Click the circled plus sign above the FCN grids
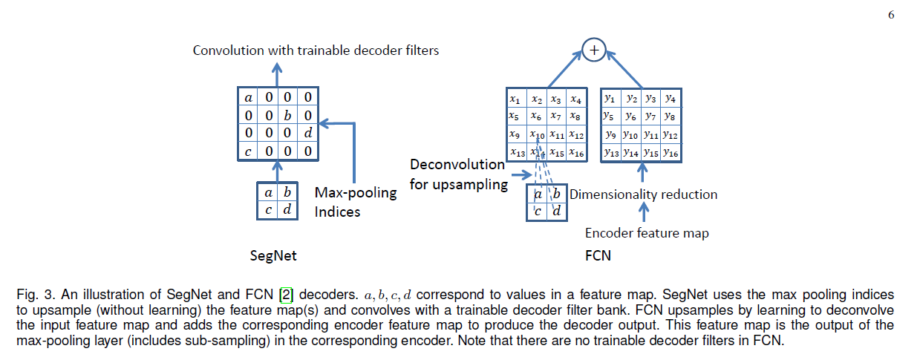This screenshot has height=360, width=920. (x=593, y=50)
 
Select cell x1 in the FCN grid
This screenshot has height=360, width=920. (x=514, y=99)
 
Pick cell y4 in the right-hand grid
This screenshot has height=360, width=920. (x=671, y=98)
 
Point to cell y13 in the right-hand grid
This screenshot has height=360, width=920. (x=611, y=152)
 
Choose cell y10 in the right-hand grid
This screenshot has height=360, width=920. (x=630, y=134)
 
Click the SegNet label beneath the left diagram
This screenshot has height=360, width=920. (x=273, y=256)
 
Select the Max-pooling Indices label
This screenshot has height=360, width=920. (x=355, y=202)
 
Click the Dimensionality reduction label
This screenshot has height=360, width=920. (x=643, y=194)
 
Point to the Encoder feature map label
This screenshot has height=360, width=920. (x=647, y=233)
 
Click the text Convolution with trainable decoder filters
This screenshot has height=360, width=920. (x=316, y=50)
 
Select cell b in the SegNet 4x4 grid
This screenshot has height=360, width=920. (x=287, y=116)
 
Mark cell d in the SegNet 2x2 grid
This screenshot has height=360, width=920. (x=287, y=210)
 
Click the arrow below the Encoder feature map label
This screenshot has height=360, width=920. (x=644, y=213)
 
